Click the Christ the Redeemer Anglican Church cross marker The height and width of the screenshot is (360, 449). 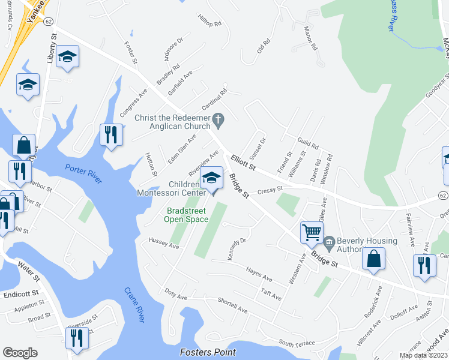click(x=218, y=122)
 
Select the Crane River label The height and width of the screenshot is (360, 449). click(x=135, y=304)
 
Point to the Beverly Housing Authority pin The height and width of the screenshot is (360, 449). click(x=328, y=244)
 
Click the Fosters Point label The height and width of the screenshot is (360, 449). click(x=208, y=352)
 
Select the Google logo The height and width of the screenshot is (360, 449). click(x=20, y=352)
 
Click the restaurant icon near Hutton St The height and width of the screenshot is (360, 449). click(x=110, y=134)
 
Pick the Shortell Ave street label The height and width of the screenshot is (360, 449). click(x=232, y=306)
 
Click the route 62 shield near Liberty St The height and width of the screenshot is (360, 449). click(x=49, y=20)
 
